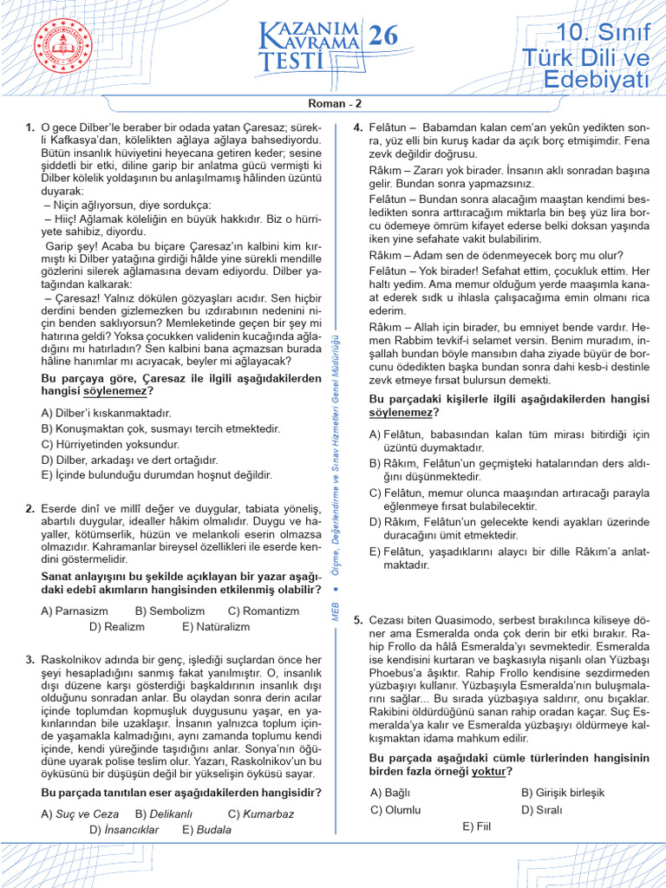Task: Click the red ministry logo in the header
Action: [x=62, y=48]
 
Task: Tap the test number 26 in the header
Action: [x=383, y=36]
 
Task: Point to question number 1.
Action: [x=30, y=128]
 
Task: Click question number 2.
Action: [x=30, y=508]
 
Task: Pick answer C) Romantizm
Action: [x=263, y=610]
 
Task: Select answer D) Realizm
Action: [x=117, y=626]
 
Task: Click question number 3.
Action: [x=30, y=660]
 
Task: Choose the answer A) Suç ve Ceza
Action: [x=80, y=814]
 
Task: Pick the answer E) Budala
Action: [x=206, y=830]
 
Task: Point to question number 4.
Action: [x=357, y=128]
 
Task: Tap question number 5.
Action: [x=357, y=620]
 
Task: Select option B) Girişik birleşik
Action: [x=563, y=793]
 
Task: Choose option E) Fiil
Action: [x=477, y=826]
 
